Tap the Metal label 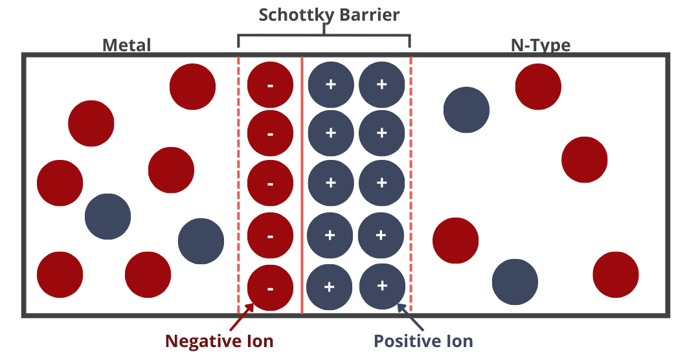coord(126,45)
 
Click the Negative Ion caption coord(219,341)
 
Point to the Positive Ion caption coord(423,341)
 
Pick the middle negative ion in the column coord(270,183)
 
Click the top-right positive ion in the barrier coord(381,84)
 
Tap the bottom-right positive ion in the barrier coord(381,286)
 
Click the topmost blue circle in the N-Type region coord(466,110)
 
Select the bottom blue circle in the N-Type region coord(515,282)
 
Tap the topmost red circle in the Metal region coord(192,87)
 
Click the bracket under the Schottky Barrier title coord(324,36)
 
